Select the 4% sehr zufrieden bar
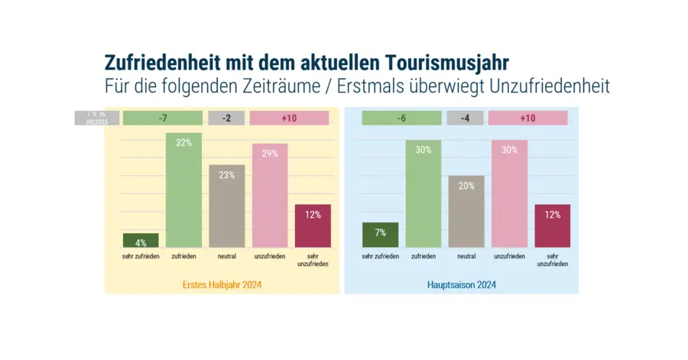(x=141, y=240)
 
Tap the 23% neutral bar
(x=226, y=206)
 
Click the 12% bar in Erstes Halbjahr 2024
(x=313, y=225)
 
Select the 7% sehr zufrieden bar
(x=380, y=235)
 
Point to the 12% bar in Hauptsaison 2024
(x=553, y=225)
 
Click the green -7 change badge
(x=163, y=118)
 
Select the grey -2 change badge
(x=226, y=118)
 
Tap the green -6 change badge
(x=401, y=118)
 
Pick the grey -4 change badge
(x=466, y=118)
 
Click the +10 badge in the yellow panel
(x=289, y=118)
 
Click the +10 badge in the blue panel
(x=527, y=118)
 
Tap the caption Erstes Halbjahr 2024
(x=222, y=285)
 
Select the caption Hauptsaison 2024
(x=461, y=285)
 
